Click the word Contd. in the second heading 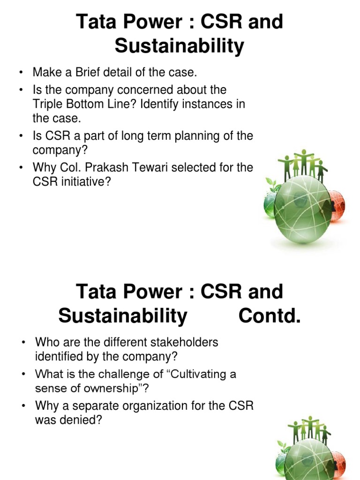click(x=269, y=317)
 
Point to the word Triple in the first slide click(x=50, y=104)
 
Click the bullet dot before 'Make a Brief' click(x=21, y=73)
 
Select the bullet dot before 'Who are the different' click(x=23, y=343)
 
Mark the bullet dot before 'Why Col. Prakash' click(x=21, y=167)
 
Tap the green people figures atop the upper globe click(x=302, y=162)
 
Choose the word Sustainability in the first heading click(x=180, y=46)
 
